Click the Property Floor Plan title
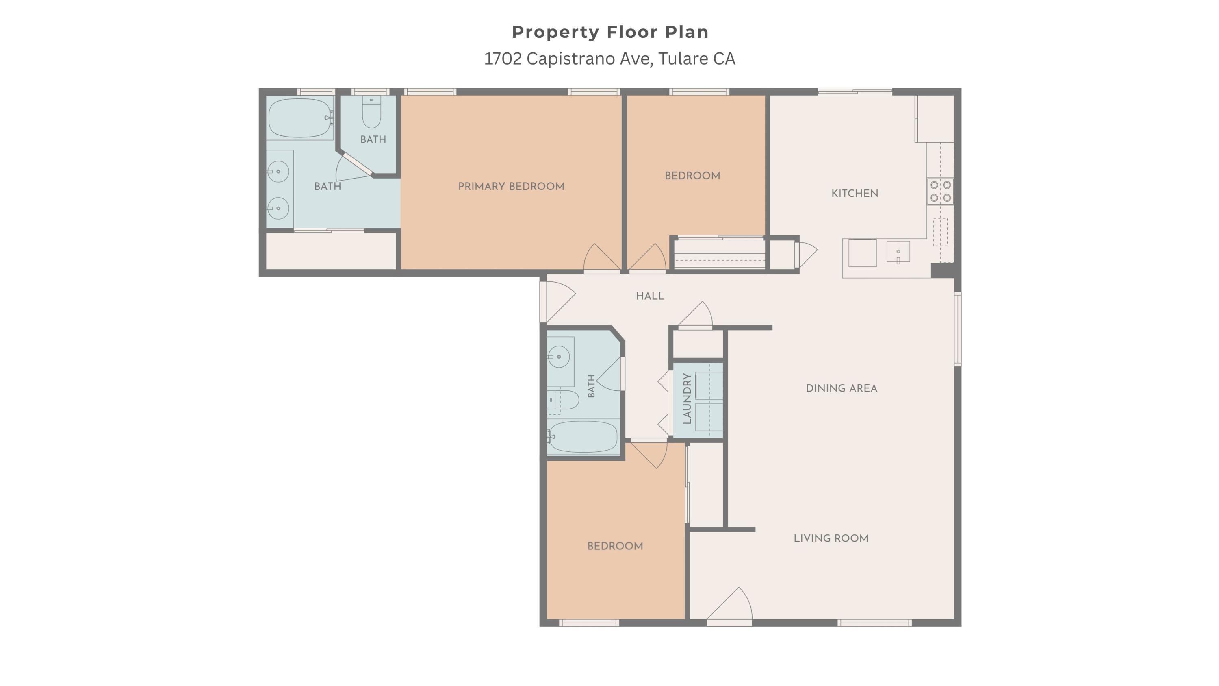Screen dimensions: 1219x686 [610, 32]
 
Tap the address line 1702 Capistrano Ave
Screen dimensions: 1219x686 [609, 59]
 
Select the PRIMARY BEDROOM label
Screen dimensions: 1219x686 [511, 187]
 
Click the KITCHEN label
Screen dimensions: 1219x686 [855, 193]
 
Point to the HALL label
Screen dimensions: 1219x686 [650, 296]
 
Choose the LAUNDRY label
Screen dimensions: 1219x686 [687, 399]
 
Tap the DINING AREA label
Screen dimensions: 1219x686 [842, 388]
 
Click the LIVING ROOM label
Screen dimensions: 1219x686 [831, 538]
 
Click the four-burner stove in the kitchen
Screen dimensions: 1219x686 [940, 191]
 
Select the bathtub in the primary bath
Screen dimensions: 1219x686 [300, 118]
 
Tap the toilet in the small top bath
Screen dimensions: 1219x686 [371, 112]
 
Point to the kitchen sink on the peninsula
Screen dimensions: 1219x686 [898, 251]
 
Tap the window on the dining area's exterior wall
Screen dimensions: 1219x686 [957, 329]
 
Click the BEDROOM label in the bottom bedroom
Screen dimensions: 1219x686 [615, 546]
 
